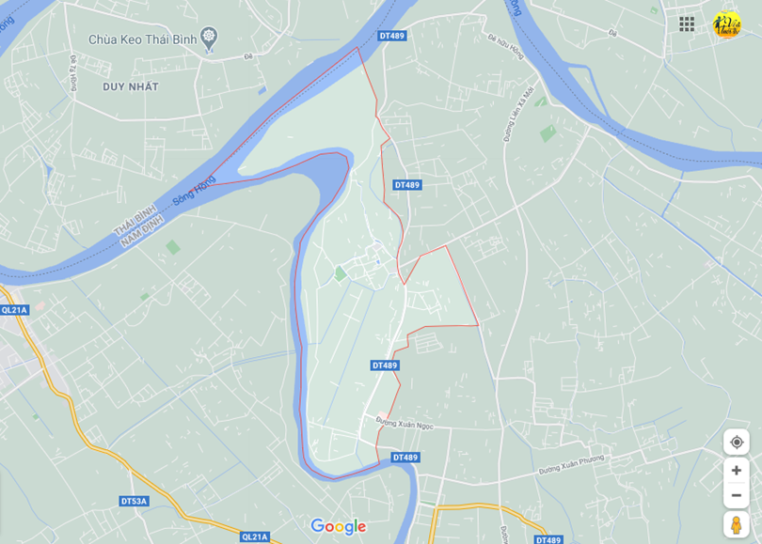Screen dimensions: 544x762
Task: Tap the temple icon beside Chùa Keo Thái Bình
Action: (x=209, y=37)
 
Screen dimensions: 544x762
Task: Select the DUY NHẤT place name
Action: (x=131, y=86)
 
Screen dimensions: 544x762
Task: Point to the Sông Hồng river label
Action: (x=195, y=193)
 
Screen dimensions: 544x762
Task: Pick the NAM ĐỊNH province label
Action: (x=143, y=231)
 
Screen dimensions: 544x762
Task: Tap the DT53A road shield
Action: (x=135, y=501)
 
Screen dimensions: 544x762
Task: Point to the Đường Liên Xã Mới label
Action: (x=518, y=113)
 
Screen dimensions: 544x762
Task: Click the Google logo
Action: (x=338, y=526)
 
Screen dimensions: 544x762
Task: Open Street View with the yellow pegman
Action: (x=736, y=524)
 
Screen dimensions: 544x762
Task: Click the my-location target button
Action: (x=736, y=442)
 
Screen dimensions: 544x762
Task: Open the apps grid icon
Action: (x=687, y=23)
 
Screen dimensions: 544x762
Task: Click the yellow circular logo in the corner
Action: (x=726, y=24)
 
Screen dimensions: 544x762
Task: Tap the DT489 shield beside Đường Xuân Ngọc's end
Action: (x=405, y=458)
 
